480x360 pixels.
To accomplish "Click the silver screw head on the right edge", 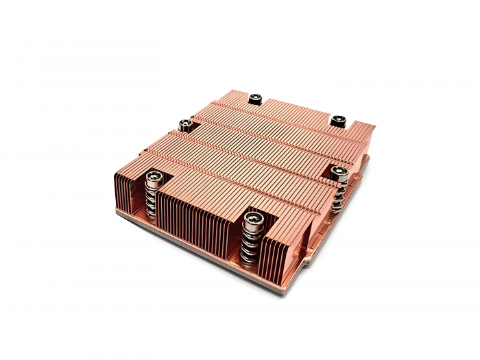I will coord(338,171).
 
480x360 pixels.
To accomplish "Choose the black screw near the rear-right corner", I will coord(337,121).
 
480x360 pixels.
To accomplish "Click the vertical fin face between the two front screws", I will coord(199,219).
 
